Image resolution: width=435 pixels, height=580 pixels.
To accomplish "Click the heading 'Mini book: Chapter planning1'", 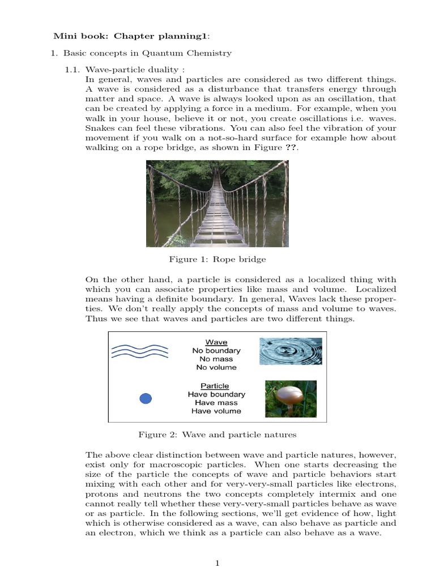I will tap(131, 36).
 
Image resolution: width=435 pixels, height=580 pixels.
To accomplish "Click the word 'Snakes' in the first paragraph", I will tap(100, 128).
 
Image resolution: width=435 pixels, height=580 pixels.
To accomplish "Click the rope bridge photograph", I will tap(217, 203).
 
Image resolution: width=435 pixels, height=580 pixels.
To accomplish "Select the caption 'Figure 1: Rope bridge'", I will tap(217, 259).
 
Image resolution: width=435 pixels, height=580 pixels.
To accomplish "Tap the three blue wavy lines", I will tap(139, 351).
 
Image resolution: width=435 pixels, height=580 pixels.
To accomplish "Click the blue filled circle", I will tap(146, 399).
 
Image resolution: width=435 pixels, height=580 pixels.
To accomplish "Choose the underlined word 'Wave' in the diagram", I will tap(216, 342).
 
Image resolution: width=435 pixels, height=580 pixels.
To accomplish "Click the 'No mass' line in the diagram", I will tap(216, 359).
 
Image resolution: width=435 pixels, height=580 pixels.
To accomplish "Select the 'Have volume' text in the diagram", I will tap(216, 411).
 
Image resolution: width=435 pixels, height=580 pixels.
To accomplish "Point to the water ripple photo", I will tap(290, 351).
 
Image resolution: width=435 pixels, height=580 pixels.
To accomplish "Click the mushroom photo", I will tap(291, 398).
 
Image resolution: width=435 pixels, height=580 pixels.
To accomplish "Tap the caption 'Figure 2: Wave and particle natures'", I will tap(217, 435).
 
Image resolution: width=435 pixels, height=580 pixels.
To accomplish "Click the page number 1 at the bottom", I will tap(216, 563).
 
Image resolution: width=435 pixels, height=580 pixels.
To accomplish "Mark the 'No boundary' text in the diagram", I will tap(216, 351).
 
